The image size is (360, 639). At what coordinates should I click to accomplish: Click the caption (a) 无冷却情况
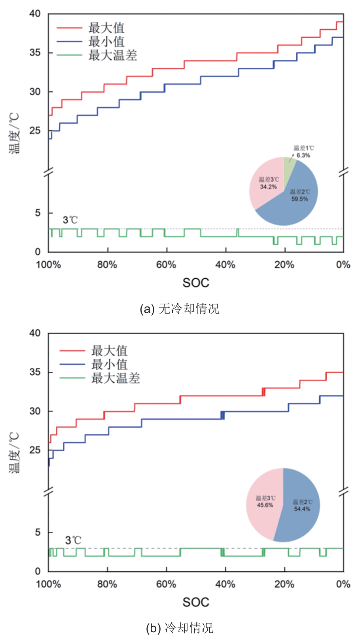(180, 309)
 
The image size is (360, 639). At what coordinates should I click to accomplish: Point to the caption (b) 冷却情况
(180, 628)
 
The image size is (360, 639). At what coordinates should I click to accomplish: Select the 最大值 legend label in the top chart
(106, 28)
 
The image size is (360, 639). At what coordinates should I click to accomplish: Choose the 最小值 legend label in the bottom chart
(109, 364)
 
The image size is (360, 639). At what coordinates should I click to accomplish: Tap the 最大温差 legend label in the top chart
(113, 55)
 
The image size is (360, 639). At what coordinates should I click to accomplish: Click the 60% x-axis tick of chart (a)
(166, 264)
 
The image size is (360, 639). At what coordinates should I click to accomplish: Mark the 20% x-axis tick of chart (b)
(284, 584)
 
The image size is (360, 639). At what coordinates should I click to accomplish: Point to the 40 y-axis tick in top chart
(35, 14)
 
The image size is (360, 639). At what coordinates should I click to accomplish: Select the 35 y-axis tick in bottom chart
(35, 372)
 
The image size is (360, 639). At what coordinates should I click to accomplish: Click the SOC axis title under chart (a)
(196, 283)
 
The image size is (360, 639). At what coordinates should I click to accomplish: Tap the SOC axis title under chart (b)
(196, 602)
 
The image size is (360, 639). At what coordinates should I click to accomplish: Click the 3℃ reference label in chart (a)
(70, 220)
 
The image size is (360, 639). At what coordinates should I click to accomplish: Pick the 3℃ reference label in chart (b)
(73, 540)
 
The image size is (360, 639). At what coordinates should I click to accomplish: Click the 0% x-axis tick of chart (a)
(343, 264)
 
